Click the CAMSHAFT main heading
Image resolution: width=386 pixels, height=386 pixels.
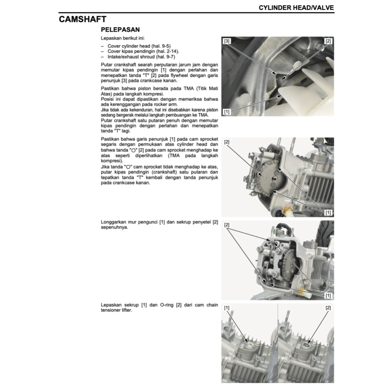82,19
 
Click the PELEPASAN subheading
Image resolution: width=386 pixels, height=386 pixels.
120,29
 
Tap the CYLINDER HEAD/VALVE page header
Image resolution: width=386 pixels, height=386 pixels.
296,8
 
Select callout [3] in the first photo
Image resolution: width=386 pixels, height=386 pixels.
227,41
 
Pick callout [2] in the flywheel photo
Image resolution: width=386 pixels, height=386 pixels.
328,41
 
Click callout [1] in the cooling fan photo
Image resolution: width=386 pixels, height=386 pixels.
227,112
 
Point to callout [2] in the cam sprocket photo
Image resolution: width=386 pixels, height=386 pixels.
227,142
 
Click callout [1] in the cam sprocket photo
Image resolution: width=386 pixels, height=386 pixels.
328,213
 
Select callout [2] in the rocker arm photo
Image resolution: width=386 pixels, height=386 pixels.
227,225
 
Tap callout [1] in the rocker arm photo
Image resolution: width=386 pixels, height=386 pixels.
328,295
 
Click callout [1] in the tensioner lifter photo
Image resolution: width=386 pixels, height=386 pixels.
227,308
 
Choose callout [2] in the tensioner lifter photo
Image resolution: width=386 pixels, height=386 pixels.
328,308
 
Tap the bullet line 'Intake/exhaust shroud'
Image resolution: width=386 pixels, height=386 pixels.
130,57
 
